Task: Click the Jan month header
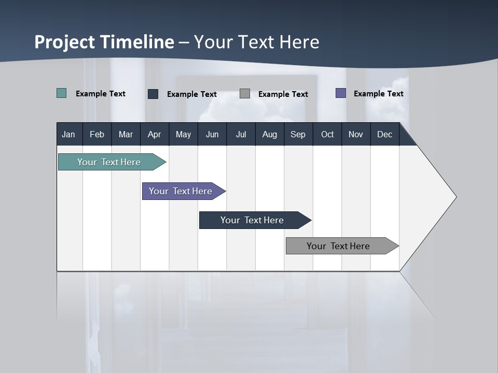coord(68,134)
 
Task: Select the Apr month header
coord(154,134)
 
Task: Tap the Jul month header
coord(241,134)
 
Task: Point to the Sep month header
coord(298,134)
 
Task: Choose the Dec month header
coord(384,134)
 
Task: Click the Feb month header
coord(97,134)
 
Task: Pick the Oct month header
coord(327,134)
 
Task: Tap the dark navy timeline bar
coord(253,220)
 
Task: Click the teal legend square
coord(62,93)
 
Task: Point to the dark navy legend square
coord(153,94)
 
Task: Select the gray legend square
coord(245,94)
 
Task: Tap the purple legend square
coord(341,93)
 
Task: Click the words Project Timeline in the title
coord(104,42)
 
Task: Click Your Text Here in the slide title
coord(257,42)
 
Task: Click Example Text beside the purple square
coord(378,94)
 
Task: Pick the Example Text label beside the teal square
coord(101,94)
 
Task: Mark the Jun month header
coord(212,134)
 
